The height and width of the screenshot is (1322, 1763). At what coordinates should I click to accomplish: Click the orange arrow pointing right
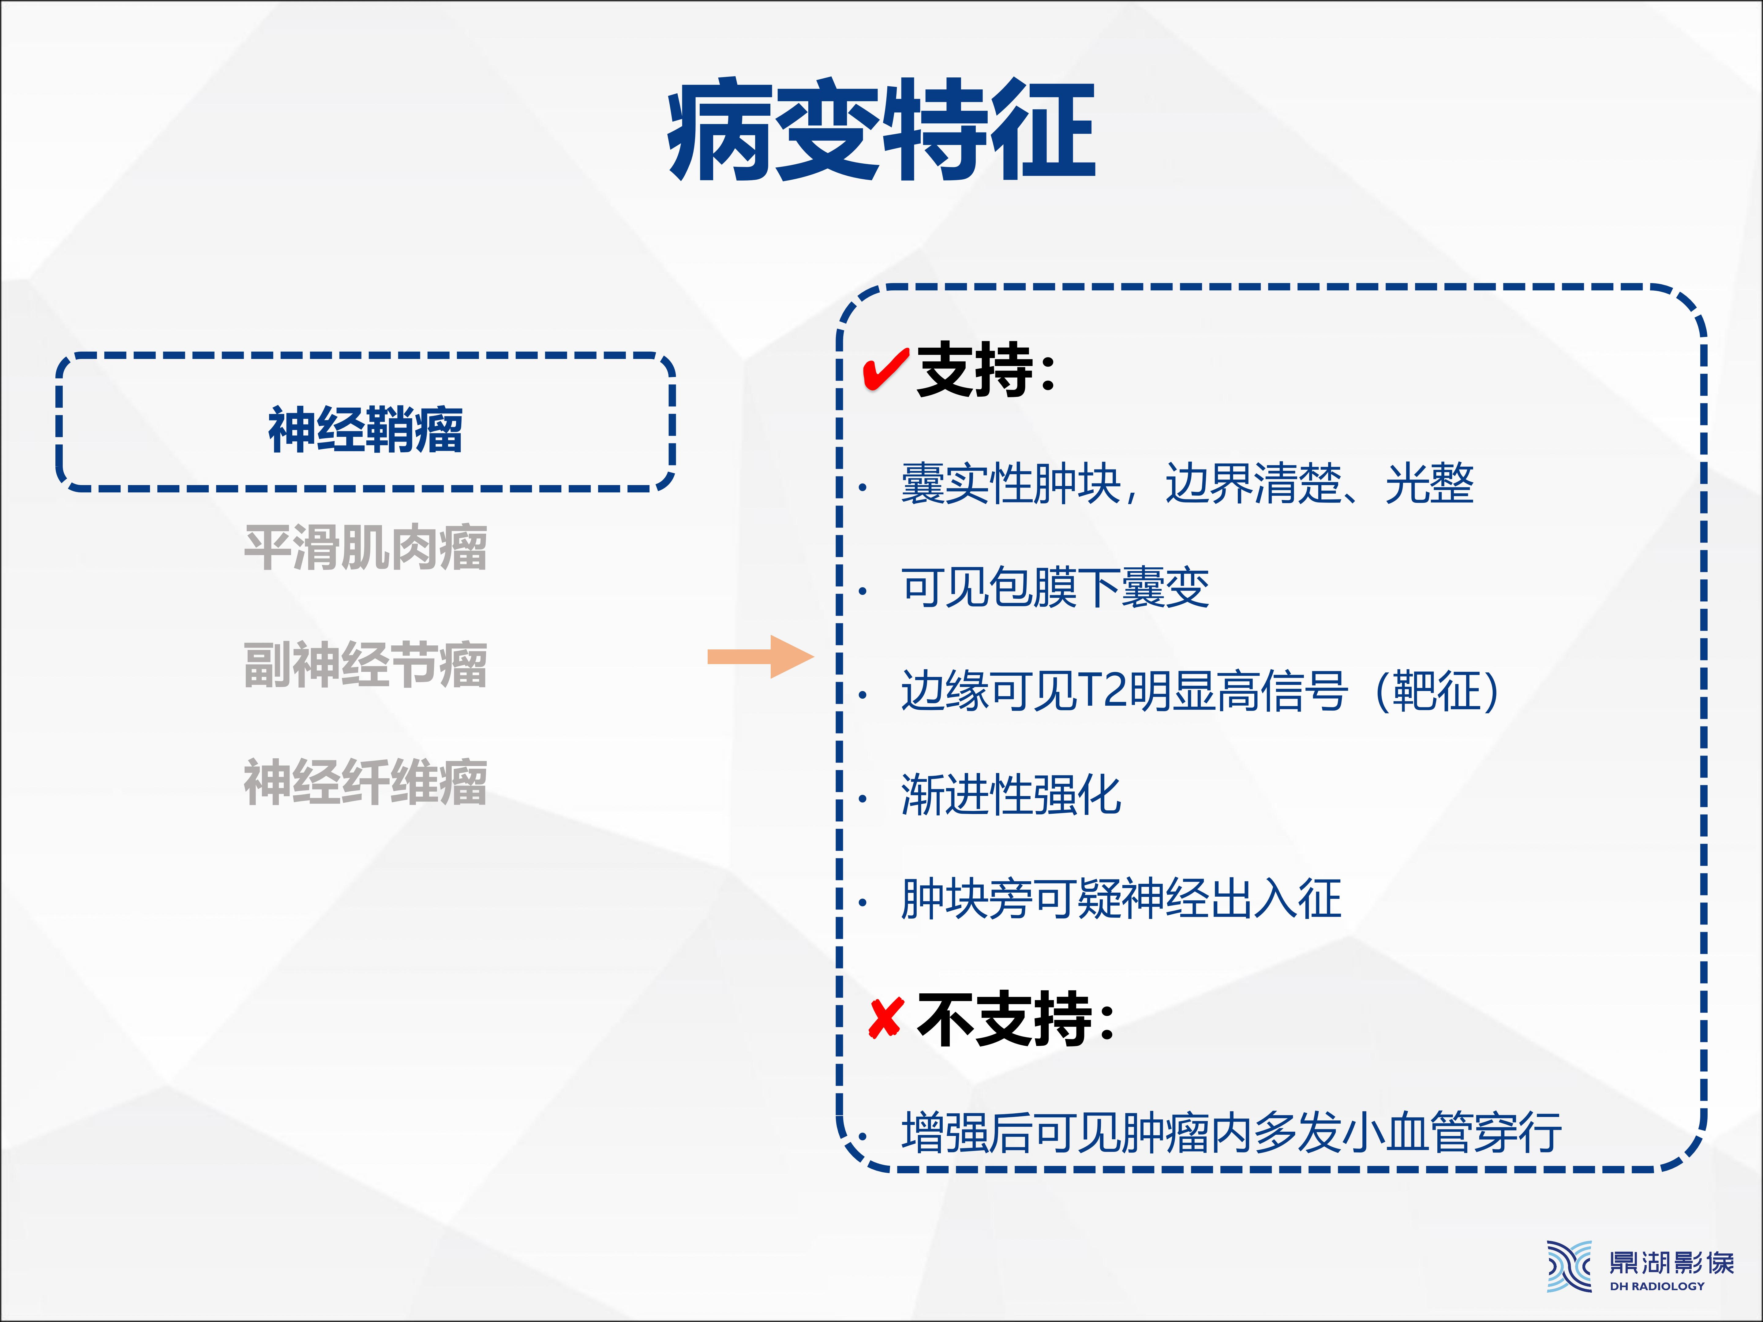coord(761,657)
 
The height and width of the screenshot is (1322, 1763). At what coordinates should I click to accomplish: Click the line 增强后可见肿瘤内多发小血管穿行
coord(1231,1132)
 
